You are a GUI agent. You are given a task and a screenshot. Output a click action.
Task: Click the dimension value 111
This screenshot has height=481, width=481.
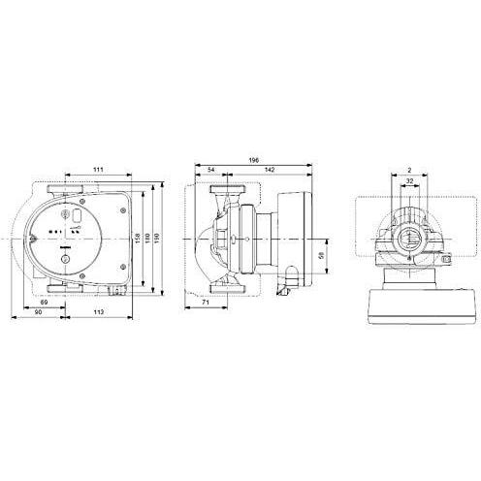point(98,170)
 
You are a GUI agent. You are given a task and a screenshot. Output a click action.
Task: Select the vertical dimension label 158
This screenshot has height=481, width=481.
point(139,238)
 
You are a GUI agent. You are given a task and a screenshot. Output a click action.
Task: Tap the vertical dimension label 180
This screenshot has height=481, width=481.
point(147,238)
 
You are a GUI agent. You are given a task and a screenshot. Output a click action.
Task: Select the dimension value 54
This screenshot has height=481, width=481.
point(212,170)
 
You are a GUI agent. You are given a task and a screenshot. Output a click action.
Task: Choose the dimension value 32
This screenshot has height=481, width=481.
point(410,180)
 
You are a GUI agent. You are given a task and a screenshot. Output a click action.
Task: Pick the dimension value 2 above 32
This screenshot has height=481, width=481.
point(410,169)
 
